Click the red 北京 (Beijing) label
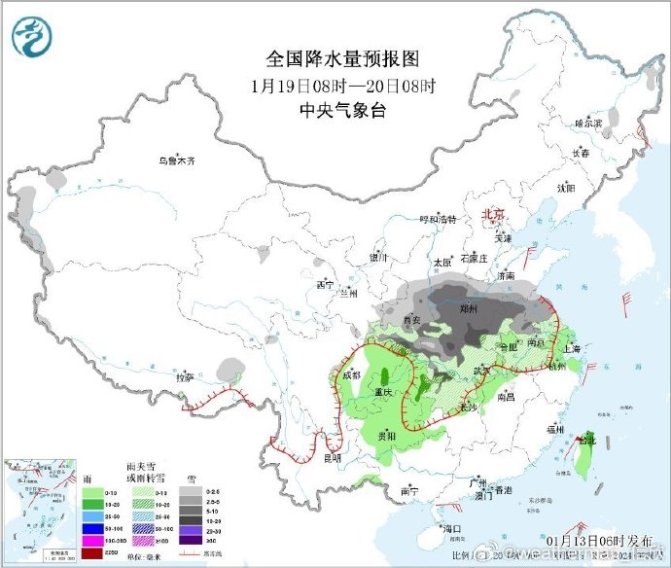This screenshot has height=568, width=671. coord(494,214)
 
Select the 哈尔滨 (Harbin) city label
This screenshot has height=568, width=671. coord(588,124)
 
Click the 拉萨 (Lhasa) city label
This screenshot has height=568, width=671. coord(184,376)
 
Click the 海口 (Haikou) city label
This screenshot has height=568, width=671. coord(449,529)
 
